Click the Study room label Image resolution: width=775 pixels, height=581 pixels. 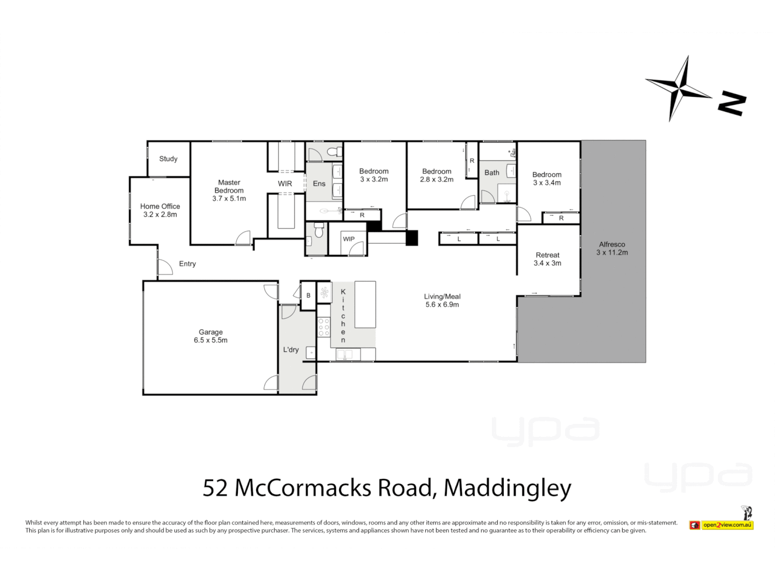(168, 159)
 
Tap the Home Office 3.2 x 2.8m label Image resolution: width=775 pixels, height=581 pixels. (160, 210)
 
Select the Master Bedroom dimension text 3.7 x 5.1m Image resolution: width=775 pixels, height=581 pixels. (229, 199)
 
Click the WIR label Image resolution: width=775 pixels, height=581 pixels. (285, 183)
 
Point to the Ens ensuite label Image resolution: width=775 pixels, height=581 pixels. (319, 183)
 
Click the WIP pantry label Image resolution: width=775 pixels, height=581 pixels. (349, 239)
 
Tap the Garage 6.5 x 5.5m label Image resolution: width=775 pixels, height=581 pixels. (210, 336)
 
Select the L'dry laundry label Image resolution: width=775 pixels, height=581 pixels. (291, 350)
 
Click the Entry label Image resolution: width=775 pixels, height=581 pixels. (187, 264)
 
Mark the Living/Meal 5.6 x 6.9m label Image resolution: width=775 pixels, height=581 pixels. (442, 300)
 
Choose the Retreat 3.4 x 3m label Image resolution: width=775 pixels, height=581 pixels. (547, 259)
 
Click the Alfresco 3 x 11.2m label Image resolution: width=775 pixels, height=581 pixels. (612, 248)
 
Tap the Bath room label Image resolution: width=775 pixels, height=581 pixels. (491, 173)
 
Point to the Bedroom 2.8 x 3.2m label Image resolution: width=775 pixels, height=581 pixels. (436, 175)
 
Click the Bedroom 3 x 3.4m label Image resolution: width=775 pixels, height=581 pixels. (547, 179)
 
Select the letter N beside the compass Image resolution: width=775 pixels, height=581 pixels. (732, 103)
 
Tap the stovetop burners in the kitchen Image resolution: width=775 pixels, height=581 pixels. (323, 327)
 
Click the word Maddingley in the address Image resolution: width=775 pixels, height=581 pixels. (507, 488)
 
